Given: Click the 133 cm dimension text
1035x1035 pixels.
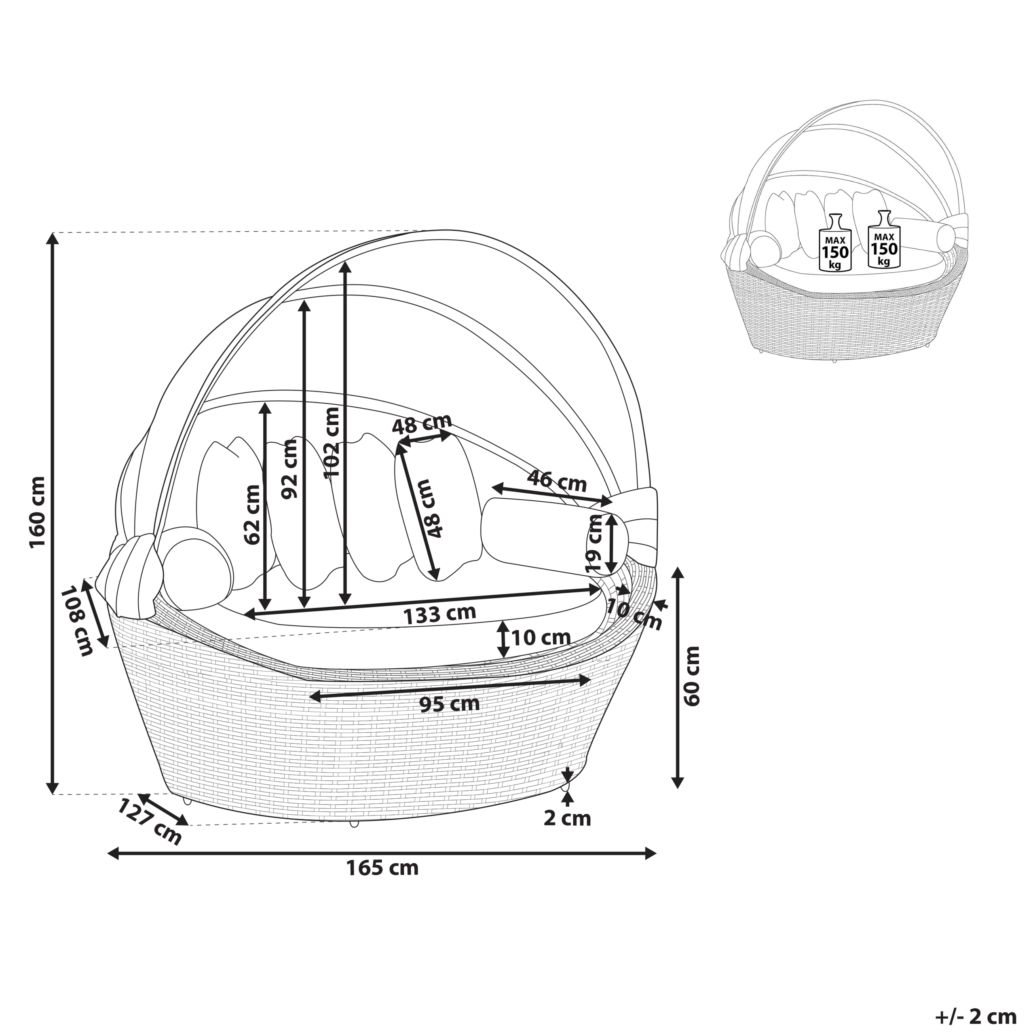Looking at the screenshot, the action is pos(440,615).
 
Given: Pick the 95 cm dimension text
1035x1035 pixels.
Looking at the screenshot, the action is pos(450,704).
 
